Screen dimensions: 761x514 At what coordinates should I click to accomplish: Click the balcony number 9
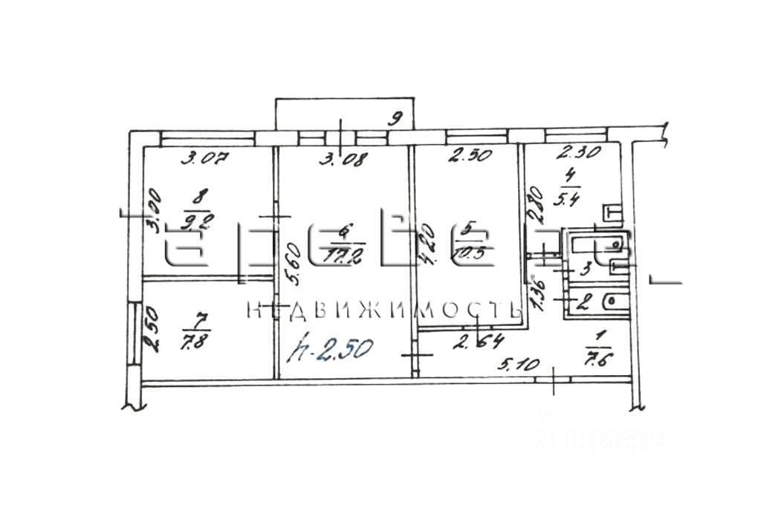(x=398, y=117)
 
